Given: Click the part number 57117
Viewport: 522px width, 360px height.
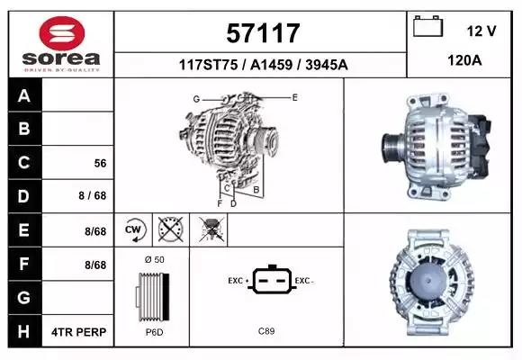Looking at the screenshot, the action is (x=263, y=33).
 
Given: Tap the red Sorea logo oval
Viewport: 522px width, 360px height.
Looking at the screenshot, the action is (x=62, y=33).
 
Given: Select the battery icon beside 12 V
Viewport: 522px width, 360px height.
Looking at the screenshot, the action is (x=427, y=26).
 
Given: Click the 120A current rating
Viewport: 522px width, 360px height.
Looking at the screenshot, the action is (x=464, y=60).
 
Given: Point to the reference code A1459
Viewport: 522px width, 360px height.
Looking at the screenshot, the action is (x=271, y=65).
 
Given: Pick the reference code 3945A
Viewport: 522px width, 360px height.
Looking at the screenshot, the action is (x=326, y=65).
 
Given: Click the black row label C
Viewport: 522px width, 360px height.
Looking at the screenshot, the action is (x=24, y=163).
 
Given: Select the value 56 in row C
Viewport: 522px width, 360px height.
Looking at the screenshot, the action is (x=100, y=163).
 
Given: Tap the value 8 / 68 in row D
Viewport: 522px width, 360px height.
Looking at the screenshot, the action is (x=93, y=195).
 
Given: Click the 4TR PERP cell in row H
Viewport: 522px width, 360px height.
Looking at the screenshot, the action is (x=79, y=332).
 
